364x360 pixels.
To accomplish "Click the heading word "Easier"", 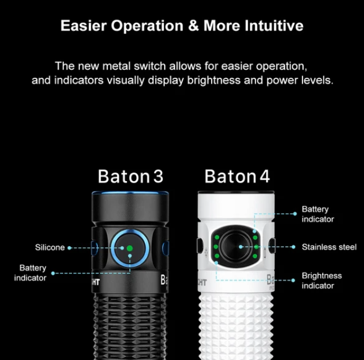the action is pyautogui.click(x=83, y=26).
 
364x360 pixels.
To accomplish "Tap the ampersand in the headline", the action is pyautogui.click(x=194, y=26).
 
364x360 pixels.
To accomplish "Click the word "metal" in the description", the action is pyautogui.click(x=117, y=66).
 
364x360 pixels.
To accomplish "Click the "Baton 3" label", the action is pyautogui.click(x=130, y=177).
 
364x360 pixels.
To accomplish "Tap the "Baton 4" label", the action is pyautogui.click(x=237, y=177).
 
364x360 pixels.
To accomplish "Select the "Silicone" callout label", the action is pyautogui.click(x=50, y=247).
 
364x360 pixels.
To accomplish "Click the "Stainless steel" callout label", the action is pyautogui.click(x=329, y=247).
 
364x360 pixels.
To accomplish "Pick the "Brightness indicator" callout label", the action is pyautogui.click(x=322, y=280).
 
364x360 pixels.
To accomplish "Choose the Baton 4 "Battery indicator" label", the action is pyautogui.click(x=318, y=214).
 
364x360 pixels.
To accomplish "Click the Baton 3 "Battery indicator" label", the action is pyautogui.click(x=30, y=273).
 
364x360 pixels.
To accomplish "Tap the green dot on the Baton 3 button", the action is pyautogui.click(x=130, y=249).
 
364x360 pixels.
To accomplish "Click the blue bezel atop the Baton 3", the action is pyautogui.click(x=130, y=193).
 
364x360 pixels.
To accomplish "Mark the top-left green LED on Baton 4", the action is pyautogui.click(x=217, y=237).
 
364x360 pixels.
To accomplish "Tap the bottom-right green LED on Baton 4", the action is pyautogui.click(x=254, y=256).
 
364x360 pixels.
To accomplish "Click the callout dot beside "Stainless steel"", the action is pyautogui.click(x=293, y=247).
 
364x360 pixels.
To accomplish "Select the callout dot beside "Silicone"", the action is pyautogui.click(x=69, y=248).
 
